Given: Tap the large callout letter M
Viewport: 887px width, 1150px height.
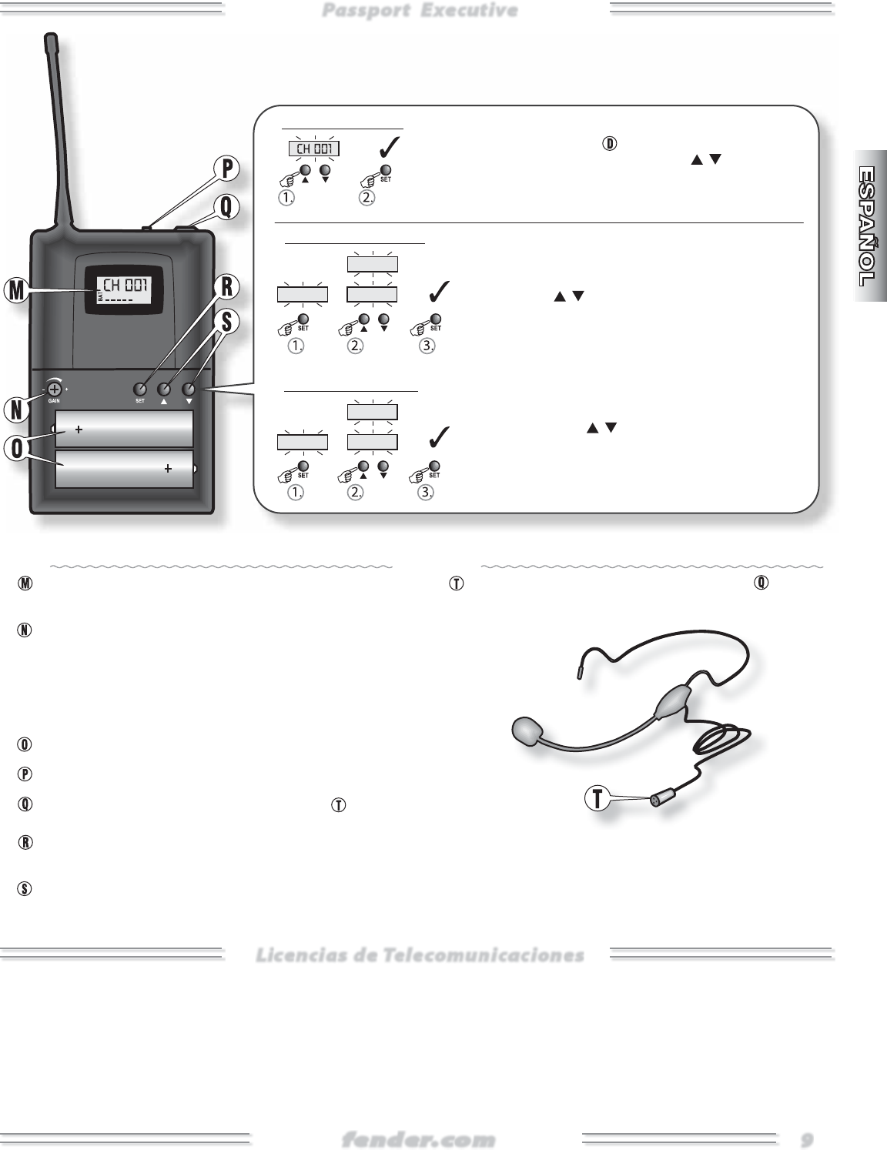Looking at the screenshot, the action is (15, 291).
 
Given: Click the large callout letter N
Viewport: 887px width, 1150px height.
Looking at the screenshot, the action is (15, 410).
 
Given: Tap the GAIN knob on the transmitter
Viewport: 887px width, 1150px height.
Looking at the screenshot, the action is (55, 389).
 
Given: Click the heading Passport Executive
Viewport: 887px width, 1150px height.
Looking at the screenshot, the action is (420, 11).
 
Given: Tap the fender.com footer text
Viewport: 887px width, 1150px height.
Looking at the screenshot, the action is (419, 1138).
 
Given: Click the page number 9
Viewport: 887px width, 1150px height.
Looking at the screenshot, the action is (806, 1138).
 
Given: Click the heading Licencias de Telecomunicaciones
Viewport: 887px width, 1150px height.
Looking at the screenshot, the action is (420, 955).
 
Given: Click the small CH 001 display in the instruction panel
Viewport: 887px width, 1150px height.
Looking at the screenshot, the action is (313, 149).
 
